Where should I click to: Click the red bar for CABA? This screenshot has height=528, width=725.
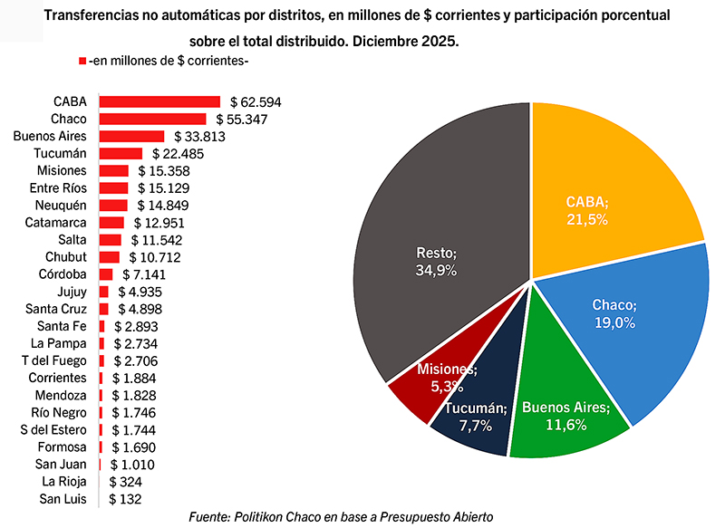coord(159,101)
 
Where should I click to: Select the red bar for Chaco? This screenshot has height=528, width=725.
coord(152,119)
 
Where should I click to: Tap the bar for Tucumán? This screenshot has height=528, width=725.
coord(121,153)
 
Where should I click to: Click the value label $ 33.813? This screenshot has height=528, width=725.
coord(175,136)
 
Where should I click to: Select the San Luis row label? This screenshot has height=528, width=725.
coord(63,499)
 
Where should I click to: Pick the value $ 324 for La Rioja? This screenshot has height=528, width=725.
coord(125,482)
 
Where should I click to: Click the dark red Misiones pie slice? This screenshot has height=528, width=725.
coord(421,389)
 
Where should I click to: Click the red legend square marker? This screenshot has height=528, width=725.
coord(82,61)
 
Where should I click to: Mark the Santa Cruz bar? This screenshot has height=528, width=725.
coord(103,309)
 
